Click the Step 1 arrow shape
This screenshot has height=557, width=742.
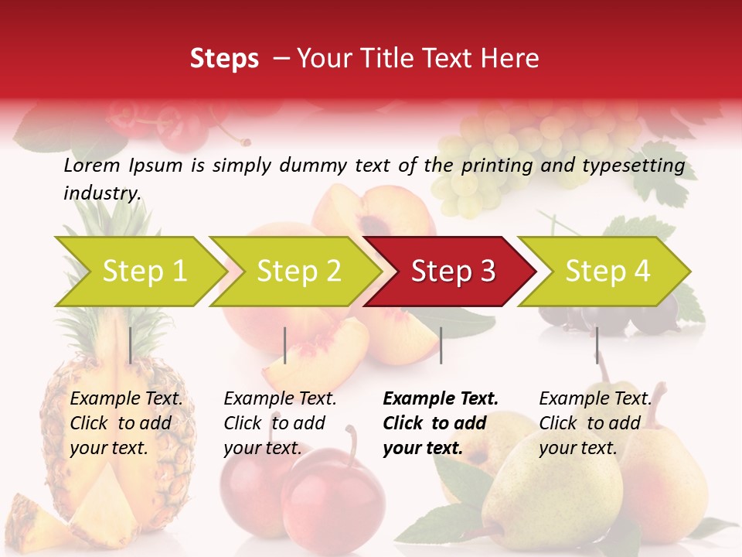click(x=139, y=272)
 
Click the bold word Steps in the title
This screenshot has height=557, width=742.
click(x=224, y=59)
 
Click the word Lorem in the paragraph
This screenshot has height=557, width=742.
click(x=92, y=165)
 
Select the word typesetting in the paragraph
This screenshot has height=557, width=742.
click(x=633, y=166)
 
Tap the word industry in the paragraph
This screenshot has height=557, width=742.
click(x=101, y=193)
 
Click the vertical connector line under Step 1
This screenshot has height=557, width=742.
click(x=131, y=345)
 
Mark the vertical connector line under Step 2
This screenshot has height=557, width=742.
click(x=285, y=345)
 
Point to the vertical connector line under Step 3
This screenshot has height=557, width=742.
click(x=441, y=345)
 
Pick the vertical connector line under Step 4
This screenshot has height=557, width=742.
click(x=597, y=345)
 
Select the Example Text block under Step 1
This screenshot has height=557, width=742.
click(x=126, y=423)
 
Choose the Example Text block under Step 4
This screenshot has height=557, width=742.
click(x=595, y=423)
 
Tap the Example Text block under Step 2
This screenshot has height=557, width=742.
click(x=280, y=423)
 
